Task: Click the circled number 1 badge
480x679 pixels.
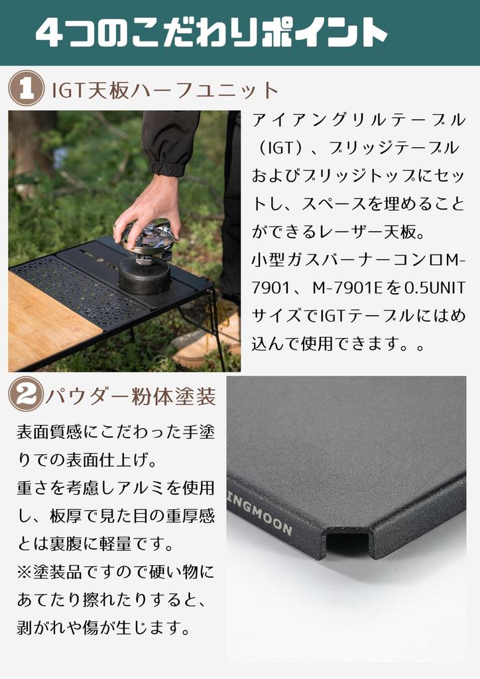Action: click(26, 90)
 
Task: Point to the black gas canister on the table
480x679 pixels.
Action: click(144, 275)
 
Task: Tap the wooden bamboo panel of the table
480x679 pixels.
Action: click(46, 322)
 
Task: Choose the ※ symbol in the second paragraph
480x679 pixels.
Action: click(25, 571)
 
